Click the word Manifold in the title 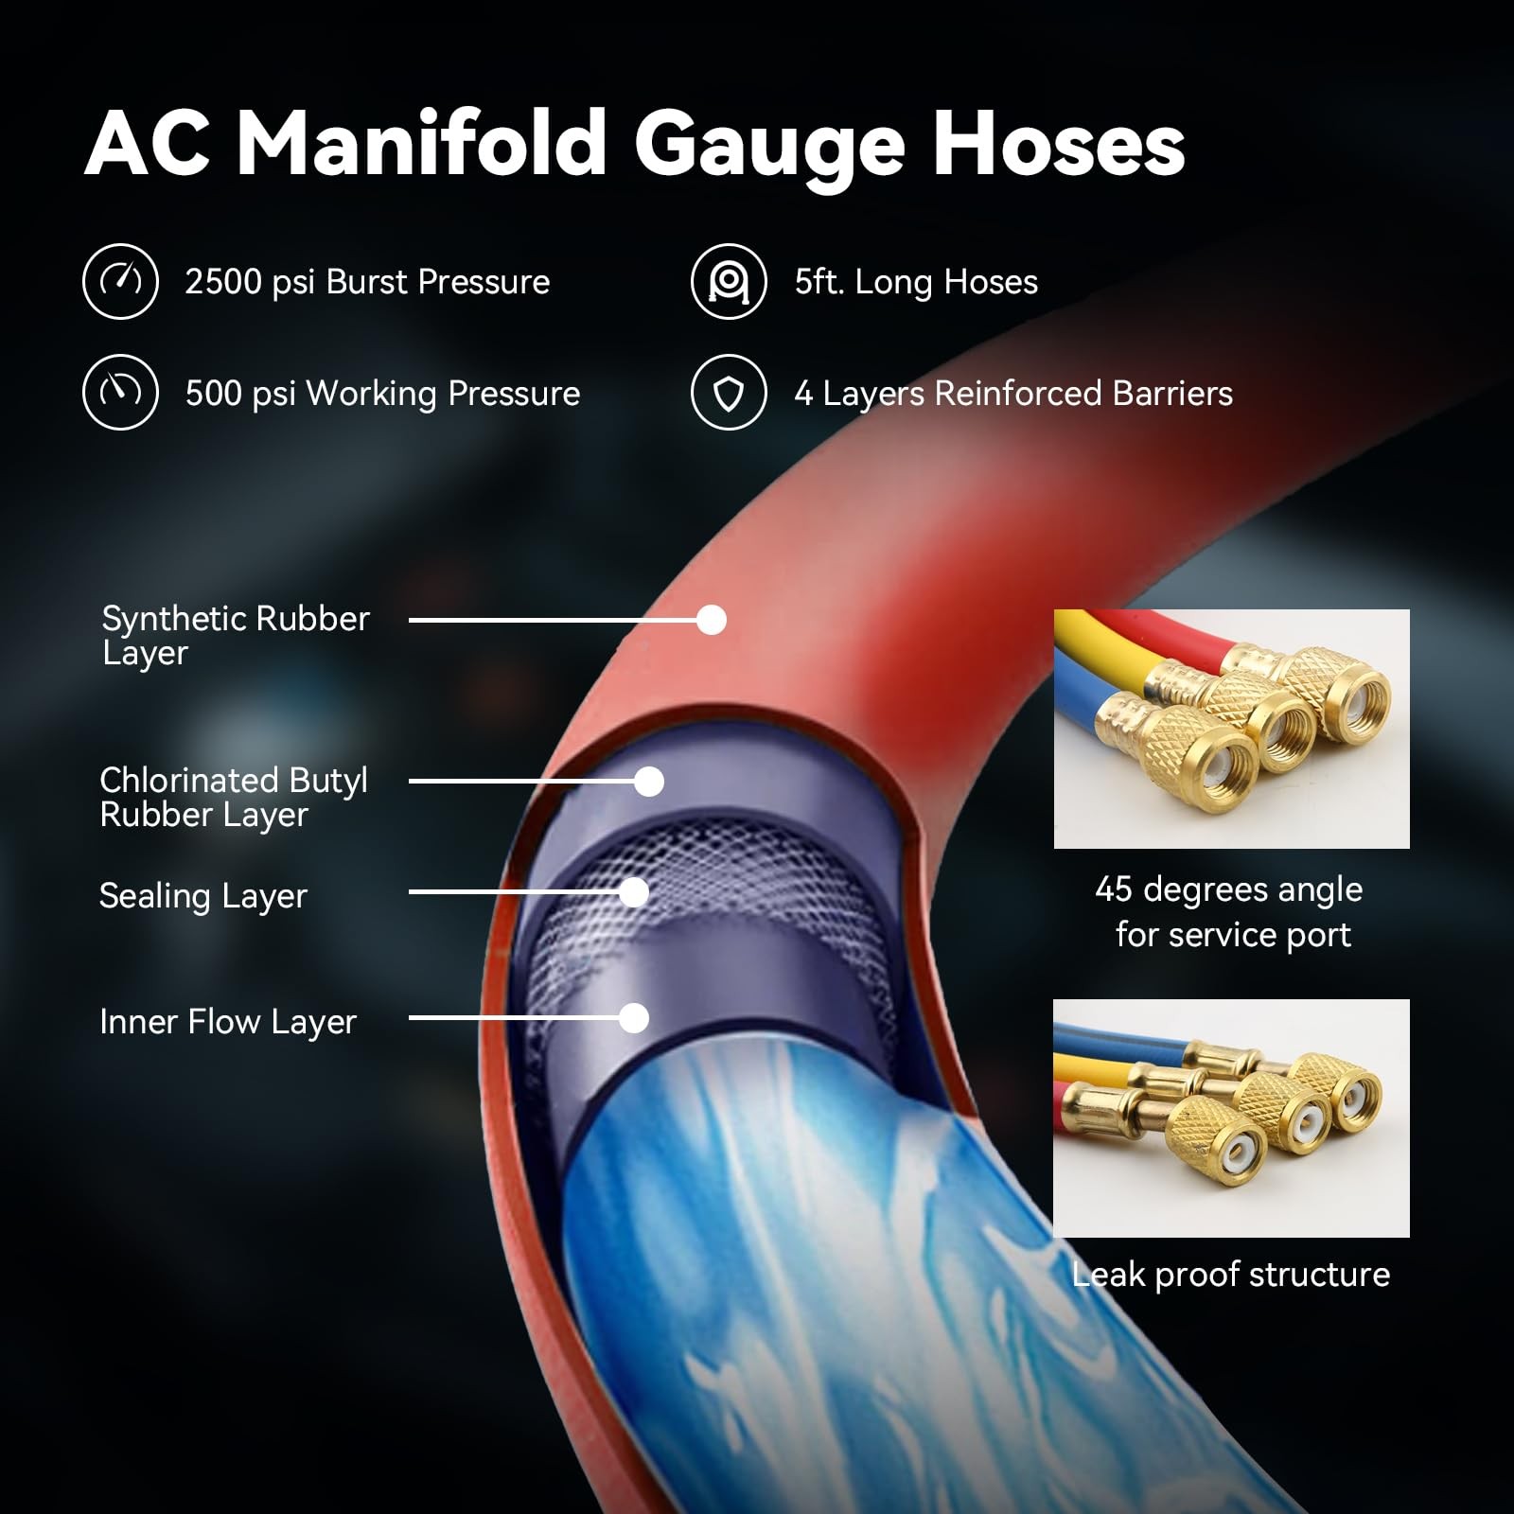click(x=421, y=143)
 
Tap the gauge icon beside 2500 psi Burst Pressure click(x=120, y=281)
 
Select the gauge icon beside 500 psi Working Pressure click(x=120, y=393)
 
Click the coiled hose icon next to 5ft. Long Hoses click(x=729, y=281)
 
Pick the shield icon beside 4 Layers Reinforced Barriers click(x=729, y=393)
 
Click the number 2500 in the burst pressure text click(x=223, y=282)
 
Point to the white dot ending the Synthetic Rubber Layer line click(x=712, y=620)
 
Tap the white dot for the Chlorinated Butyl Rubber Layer click(x=649, y=782)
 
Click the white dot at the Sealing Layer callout click(x=634, y=892)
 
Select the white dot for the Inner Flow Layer click(x=634, y=1018)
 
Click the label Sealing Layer click(x=203, y=896)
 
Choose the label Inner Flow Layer click(x=228, y=1022)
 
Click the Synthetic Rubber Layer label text click(x=236, y=636)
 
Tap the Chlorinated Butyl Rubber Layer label click(x=234, y=798)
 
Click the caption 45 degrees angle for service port click(x=1230, y=912)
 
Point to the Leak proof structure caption click(x=1231, y=1275)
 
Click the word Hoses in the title click(x=1059, y=143)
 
